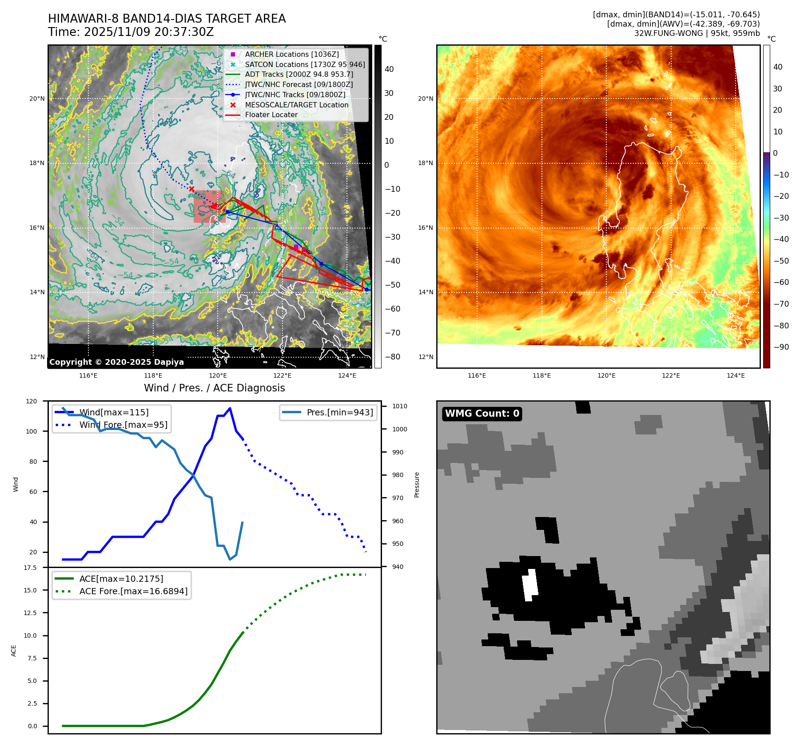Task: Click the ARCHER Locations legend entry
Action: coord(291,54)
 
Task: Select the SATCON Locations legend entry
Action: coord(305,64)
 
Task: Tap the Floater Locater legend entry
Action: coord(271,114)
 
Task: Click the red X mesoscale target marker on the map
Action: coord(191,189)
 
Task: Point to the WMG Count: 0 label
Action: coord(482,414)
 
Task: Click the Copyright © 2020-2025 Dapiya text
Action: coord(116,362)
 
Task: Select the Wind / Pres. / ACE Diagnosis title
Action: coord(215,388)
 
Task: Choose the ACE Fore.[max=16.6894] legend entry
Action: coord(133,591)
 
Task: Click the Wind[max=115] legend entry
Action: coord(114,412)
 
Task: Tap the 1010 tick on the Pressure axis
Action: coord(400,406)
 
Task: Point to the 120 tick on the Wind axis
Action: coord(32,401)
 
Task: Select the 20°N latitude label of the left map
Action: coord(37,99)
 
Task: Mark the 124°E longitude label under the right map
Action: coord(736,375)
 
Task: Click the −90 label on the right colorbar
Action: coord(781,347)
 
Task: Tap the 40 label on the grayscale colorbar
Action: coord(389,69)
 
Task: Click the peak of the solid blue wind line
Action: coord(230,408)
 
